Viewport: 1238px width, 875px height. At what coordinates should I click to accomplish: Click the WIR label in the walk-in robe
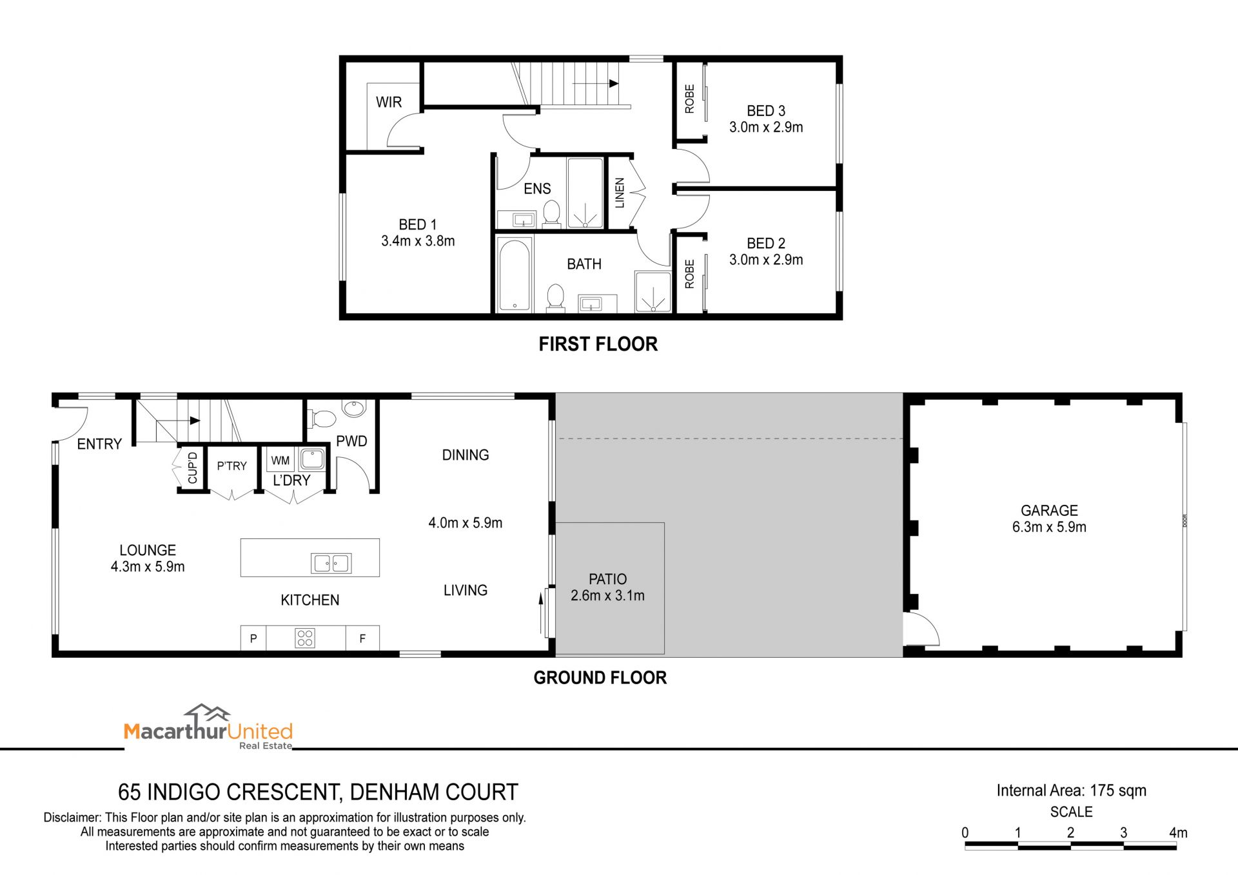click(389, 102)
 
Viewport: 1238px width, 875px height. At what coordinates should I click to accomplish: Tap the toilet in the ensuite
click(551, 213)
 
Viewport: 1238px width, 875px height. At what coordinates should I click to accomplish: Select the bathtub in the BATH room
click(515, 275)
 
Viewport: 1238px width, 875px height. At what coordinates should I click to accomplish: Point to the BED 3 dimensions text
click(766, 128)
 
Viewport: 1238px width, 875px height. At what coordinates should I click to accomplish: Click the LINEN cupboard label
click(620, 193)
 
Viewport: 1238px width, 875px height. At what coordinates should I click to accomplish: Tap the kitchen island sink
click(331, 563)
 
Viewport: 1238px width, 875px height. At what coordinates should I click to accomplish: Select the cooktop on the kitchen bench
click(305, 638)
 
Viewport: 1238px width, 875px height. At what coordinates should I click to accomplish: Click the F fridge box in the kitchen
click(362, 638)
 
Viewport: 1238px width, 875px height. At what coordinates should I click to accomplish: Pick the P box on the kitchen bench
click(253, 638)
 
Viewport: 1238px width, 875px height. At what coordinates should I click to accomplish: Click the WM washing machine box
click(280, 460)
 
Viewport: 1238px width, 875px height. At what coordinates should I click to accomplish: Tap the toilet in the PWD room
click(322, 419)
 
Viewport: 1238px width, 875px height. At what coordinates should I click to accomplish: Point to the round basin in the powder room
click(354, 408)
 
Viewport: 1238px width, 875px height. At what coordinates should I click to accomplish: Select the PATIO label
click(607, 579)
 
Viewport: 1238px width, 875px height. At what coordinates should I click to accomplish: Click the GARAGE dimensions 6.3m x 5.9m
click(1049, 527)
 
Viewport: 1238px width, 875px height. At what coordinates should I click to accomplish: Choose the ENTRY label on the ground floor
click(99, 444)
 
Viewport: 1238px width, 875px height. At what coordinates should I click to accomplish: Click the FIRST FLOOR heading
click(598, 344)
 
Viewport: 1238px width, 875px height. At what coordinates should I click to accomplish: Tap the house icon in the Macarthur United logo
click(208, 714)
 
